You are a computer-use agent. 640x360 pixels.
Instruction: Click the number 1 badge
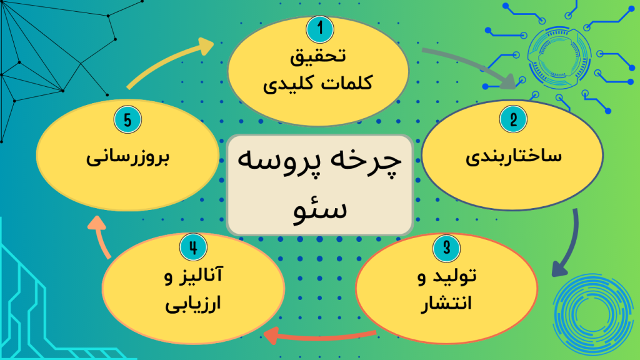tap(320, 27)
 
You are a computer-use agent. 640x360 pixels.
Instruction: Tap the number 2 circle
tap(514, 119)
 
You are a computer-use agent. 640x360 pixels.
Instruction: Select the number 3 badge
tap(446, 246)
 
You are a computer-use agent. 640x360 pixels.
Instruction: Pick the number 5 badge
tap(127, 120)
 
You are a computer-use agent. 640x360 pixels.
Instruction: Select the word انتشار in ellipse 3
tap(446, 304)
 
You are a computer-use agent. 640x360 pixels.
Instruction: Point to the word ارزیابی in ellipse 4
tap(192, 306)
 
